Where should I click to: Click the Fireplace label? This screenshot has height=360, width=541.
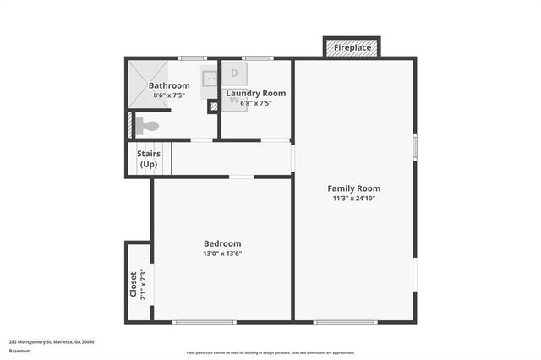point(352,48)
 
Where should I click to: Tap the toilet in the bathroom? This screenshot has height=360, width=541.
point(147,127)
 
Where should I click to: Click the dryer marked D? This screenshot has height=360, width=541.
point(234,74)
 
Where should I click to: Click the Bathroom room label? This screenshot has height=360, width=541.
point(169,86)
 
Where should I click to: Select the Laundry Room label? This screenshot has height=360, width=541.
point(261,93)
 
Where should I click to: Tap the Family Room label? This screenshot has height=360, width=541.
point(353,188)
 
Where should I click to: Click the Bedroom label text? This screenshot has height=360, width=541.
point(222,243)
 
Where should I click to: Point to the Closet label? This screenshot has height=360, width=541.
point(133,286)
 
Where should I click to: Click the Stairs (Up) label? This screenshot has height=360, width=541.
point(150,159)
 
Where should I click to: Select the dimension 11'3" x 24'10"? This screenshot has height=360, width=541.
point(353,199)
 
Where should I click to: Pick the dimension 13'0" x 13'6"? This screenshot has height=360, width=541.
point(222,254)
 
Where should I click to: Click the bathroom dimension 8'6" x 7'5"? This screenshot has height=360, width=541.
point(169,95)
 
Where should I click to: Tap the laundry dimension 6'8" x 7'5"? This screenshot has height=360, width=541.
point(256,102)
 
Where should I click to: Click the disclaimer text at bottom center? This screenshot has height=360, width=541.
point(270,352)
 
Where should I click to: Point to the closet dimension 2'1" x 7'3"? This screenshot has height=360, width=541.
point(143,286)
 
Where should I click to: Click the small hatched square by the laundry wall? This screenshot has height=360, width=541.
point(213,106)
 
